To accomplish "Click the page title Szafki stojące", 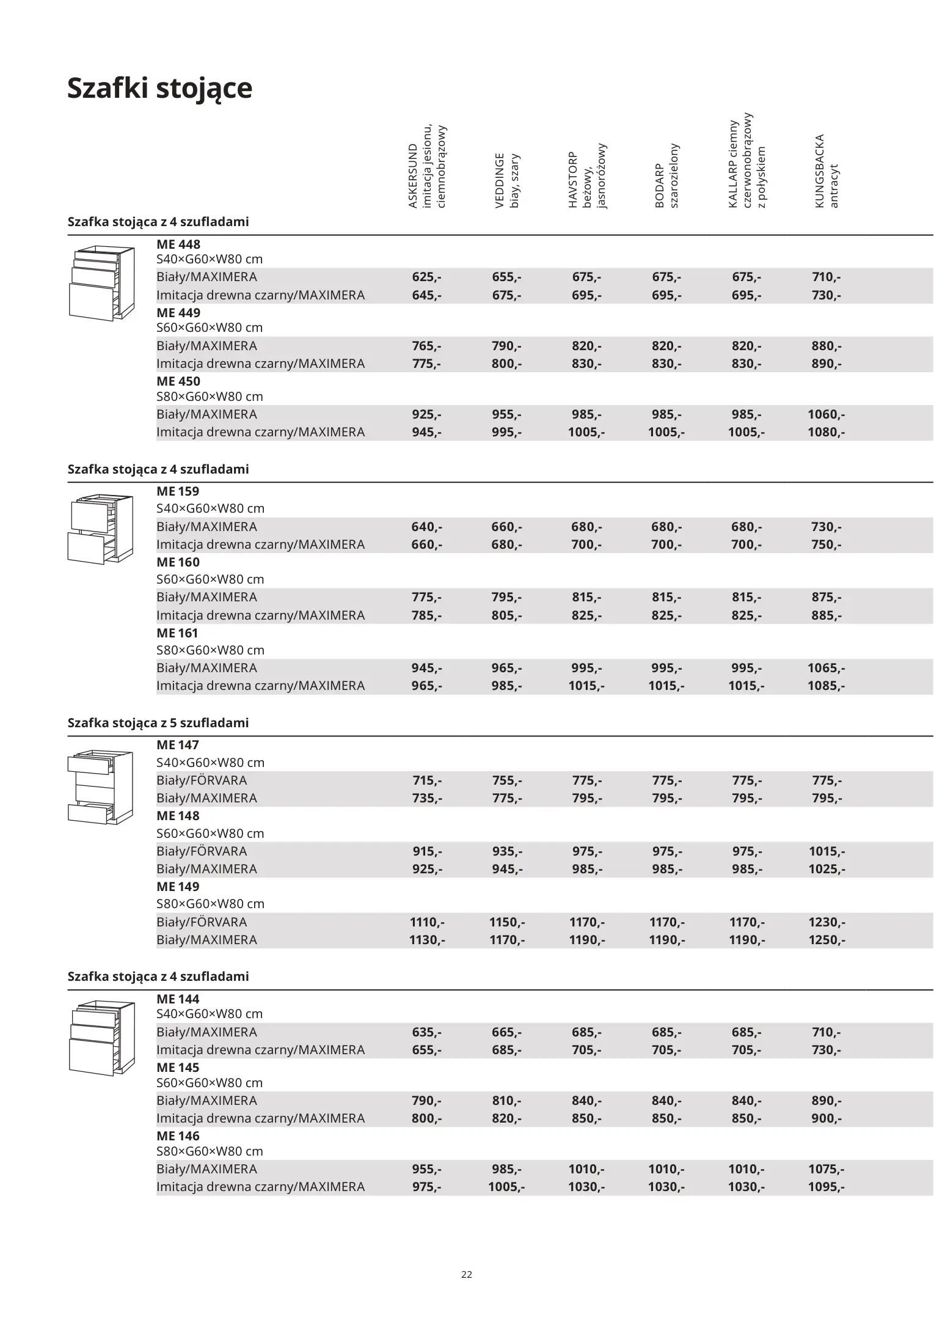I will (159, 88).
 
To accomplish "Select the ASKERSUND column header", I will (427, 167).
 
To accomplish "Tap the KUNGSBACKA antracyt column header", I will (826, 171).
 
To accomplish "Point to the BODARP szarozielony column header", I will (666, 176).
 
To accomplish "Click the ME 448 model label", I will (178, 244).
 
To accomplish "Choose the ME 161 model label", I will (178, 633).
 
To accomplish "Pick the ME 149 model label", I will (178, 887).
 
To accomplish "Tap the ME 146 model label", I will (178, 1136).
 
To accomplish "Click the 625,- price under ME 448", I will (426, 277).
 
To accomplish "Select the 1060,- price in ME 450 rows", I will (826, 414).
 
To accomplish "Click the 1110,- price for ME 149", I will (426, 922).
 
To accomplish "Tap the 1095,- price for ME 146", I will (826, 1187).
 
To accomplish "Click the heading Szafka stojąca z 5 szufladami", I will (158, 723).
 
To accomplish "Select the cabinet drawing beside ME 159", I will (100, 529).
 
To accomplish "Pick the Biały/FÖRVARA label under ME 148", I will (202, 851).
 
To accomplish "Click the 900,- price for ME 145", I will (826, 1118).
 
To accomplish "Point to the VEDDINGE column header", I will (507, 180).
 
